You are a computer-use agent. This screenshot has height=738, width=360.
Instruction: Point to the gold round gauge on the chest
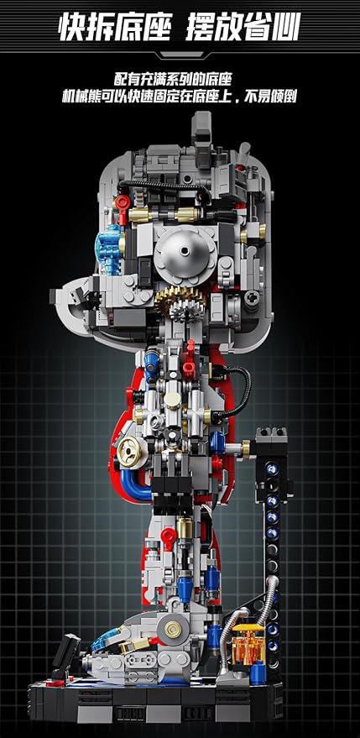point(129,452)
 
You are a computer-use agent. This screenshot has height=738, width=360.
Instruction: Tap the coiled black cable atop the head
point(165,184)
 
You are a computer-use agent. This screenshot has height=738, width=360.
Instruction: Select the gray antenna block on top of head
point(201,129)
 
